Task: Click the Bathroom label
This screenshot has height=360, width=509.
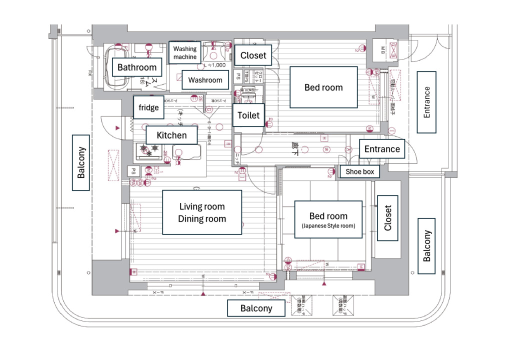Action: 137,67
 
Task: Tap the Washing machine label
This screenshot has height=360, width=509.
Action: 185,53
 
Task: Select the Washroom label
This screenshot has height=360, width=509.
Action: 205,80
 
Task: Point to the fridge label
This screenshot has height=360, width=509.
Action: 148,107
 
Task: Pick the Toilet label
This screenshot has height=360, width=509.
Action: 248,115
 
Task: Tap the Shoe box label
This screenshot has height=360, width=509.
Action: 360,172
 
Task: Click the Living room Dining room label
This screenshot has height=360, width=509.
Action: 202,212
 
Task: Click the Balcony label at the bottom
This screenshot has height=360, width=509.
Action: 256,308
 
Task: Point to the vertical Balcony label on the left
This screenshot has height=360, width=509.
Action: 81,162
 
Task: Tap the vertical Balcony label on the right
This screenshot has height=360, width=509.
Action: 427,245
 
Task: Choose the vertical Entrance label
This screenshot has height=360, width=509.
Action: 426,102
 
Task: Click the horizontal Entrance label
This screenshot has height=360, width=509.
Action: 382,149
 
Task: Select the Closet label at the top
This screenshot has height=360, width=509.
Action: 253,55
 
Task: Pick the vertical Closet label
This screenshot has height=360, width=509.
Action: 387,219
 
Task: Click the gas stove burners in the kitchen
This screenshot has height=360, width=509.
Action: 150,148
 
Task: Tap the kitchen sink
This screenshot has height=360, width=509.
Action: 186,152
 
